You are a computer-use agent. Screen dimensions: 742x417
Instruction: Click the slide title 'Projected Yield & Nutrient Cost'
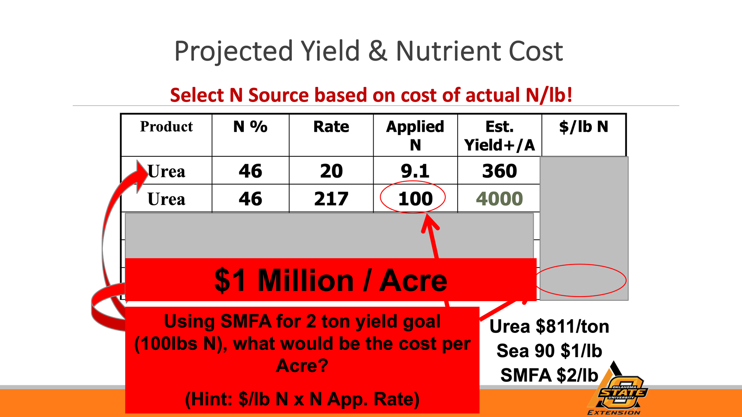coord(369,51)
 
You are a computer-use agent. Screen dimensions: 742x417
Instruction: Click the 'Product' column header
coord(166,127)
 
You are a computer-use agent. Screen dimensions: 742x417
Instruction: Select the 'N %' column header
coord(250,127)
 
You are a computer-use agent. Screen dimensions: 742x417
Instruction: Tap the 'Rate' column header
coord(331,127)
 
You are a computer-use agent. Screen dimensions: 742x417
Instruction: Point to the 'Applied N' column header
coord(415,136)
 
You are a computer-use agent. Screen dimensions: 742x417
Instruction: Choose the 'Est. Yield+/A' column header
coord(499,136)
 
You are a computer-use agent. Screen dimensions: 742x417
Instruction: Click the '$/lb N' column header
coord(584,127)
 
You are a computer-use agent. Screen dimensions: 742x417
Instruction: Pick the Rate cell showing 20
coord(331,171)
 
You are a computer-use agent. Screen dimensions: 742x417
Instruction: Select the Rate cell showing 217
coord(331,199)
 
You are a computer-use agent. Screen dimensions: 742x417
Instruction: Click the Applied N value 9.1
coord(415,171)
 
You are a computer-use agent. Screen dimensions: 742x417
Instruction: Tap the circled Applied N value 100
coord(415,199)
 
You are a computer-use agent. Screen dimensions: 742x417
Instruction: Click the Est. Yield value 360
coord(499,171)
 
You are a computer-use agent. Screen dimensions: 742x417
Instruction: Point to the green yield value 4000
coord(499,199)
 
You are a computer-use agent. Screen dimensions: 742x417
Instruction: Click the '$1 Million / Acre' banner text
coord(331,280)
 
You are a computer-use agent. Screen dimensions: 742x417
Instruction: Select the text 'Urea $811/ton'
coord(549,327)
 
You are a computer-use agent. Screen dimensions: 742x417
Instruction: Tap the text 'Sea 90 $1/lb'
coord(549,351)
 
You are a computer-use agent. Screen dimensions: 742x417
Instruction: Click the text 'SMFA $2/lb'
coord(549,375)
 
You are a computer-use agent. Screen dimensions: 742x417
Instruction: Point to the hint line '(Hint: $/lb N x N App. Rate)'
coord(302,399)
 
